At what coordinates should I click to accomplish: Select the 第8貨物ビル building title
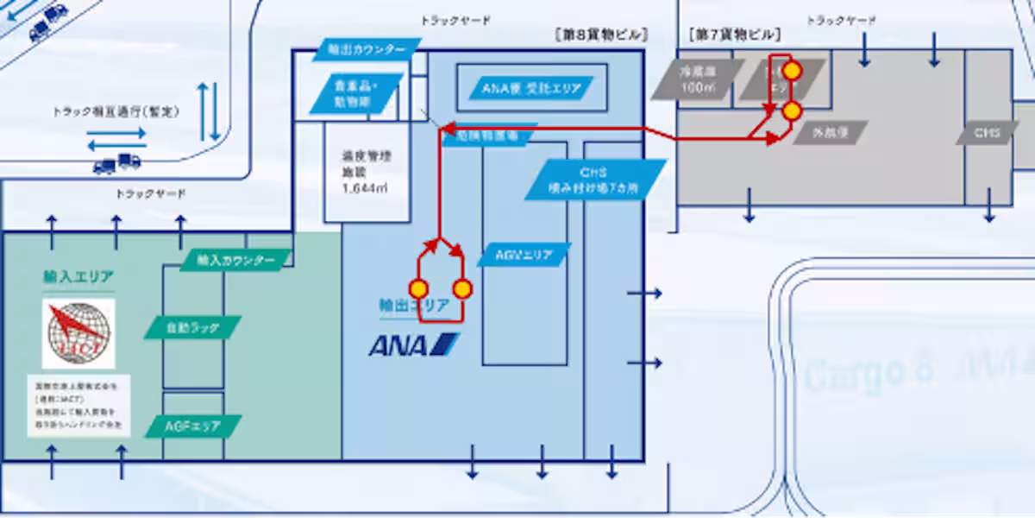pyautogui.click(x=601, y=35)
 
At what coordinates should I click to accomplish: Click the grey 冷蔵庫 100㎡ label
pyautogui.click(x=698, y=79)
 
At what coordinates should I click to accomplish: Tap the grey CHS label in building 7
pyautogui.click(x=986, y=133)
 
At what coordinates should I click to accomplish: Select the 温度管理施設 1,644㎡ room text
pyautogui.click(x=366, y=172)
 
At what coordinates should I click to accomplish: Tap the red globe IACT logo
pyautogui.click(x=78, y=332)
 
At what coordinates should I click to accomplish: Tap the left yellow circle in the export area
pyautogui.click(x=418, y=288)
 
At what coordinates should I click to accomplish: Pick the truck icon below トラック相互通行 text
pyautogui.click(x=116, y=162)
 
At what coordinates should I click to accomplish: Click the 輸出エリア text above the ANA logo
pyautogui.click(x=414, y=306)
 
